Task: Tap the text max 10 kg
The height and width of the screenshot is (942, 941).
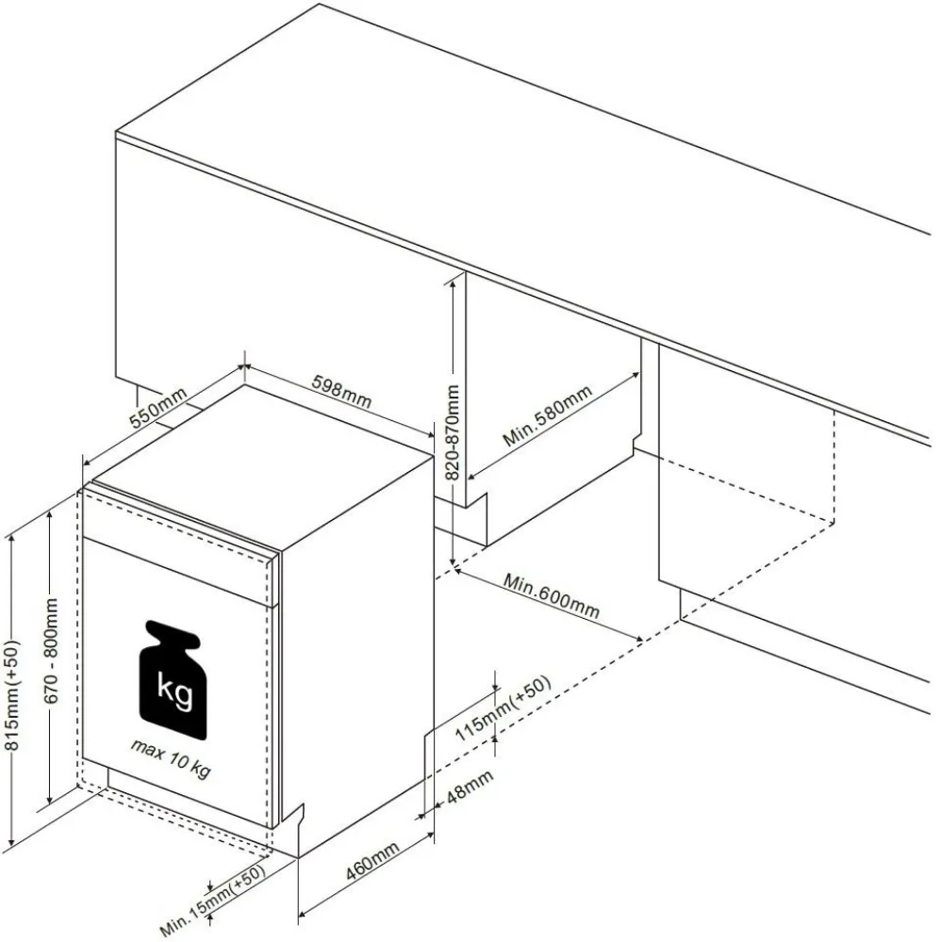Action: point(170,758)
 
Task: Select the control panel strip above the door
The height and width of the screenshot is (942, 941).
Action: point(179,524)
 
